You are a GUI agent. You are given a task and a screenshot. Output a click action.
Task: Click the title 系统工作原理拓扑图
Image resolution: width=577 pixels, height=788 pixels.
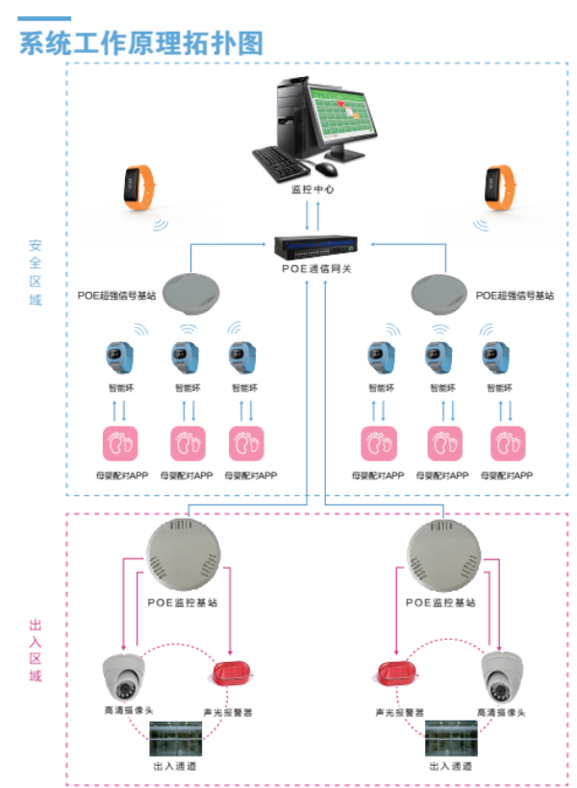tap(140, 43)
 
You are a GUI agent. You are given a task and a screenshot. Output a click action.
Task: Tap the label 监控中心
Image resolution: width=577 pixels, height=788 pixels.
tap(313, 189)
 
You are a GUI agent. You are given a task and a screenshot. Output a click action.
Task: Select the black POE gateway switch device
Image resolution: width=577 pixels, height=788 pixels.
tap(315, 247)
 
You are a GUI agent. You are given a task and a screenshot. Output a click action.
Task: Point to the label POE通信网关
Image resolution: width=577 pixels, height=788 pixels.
tap(315, 269)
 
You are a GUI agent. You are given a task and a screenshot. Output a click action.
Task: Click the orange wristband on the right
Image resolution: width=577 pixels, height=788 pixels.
tap(497, 186)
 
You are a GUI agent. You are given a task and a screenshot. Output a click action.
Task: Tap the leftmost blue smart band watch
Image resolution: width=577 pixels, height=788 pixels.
tap(120, 357)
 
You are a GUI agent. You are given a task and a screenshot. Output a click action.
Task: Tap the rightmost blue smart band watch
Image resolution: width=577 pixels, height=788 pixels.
tap(499, 357)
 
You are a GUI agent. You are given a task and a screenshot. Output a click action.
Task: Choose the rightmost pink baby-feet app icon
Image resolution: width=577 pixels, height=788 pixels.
tap(509, 444)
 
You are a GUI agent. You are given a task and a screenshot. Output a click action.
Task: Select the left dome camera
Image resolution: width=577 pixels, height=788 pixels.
tap(126, 677)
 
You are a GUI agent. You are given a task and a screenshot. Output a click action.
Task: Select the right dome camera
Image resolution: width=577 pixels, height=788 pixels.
tap(503, 677)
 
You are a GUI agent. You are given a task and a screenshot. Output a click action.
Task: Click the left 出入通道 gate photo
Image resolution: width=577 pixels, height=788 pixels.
tap(180, 739)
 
